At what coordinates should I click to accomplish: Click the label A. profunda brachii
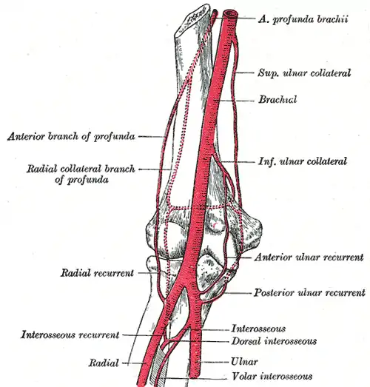[303, 19]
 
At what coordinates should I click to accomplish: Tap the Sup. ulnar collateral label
[304, 73]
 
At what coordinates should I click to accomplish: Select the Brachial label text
[277, 99]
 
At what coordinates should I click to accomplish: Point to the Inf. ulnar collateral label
[303, 161]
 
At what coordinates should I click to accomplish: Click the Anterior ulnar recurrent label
[309, 258]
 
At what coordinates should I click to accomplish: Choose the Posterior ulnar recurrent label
[309, 293]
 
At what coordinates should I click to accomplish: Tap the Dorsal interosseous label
[274, 341]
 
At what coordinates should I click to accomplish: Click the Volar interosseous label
[272, 377]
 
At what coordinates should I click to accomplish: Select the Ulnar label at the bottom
[244, 362]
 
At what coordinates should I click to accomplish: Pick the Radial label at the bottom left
[104, 363]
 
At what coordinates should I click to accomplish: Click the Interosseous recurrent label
[70, 335]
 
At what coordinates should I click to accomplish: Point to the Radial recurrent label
[97, 273]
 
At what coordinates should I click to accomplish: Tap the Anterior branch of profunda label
[71, 136]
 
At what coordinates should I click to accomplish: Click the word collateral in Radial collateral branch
[81, 169]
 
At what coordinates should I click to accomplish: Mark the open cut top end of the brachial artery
[230, 14]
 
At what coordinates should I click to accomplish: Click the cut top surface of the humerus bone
[191, 19]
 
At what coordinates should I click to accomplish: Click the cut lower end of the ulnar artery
[195, 376]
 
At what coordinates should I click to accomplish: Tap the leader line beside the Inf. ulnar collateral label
[238, 162]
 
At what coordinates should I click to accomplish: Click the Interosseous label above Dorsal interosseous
[258, 329]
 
